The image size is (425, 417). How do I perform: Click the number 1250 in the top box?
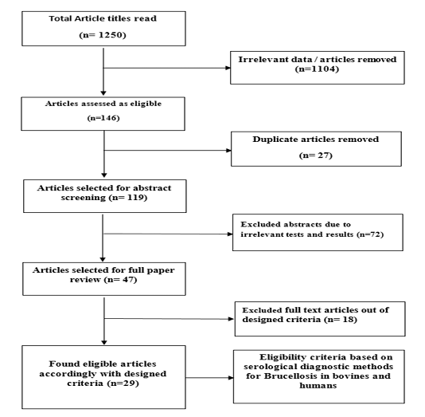111,35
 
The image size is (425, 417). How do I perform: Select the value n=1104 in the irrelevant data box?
317,69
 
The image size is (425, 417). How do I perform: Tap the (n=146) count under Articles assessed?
103,118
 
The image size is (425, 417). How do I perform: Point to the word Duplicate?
275,140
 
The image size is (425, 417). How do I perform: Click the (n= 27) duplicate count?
316,155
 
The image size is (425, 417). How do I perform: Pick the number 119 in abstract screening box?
135,197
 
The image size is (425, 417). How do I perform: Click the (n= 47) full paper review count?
121,279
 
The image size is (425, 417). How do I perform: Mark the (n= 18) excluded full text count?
341,319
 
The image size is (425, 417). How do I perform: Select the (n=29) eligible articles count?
123,383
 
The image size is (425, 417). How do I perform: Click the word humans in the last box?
318,386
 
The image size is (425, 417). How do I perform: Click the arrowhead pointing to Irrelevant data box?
228,68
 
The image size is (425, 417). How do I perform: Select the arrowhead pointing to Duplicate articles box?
228,151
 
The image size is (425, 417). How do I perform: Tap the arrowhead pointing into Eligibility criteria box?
231,378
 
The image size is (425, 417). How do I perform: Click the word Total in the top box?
60,18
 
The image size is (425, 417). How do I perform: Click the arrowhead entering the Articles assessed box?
103,92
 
